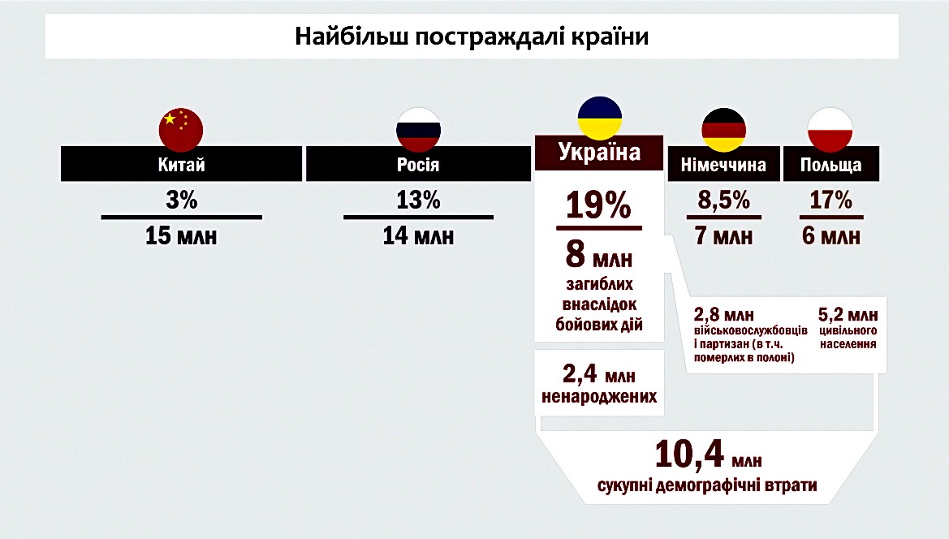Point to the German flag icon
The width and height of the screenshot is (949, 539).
723,130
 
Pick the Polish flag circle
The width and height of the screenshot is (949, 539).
830,130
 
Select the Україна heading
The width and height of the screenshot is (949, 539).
599,152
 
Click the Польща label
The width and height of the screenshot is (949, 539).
830,166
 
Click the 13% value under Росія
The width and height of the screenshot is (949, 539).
418,201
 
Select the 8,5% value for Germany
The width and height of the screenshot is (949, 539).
723,201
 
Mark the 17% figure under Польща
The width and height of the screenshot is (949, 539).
830,201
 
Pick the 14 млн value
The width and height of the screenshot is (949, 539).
418,237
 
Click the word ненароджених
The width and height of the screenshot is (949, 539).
599,399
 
